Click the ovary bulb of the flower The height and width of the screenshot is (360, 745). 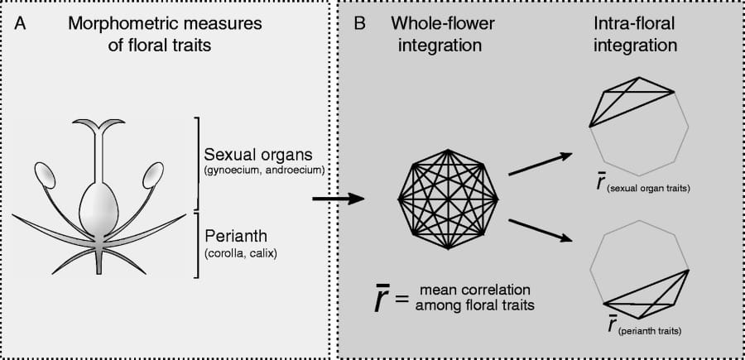(99, 203)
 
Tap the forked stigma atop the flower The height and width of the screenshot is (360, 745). (99, 125)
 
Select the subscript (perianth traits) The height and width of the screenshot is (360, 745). (650, 330)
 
